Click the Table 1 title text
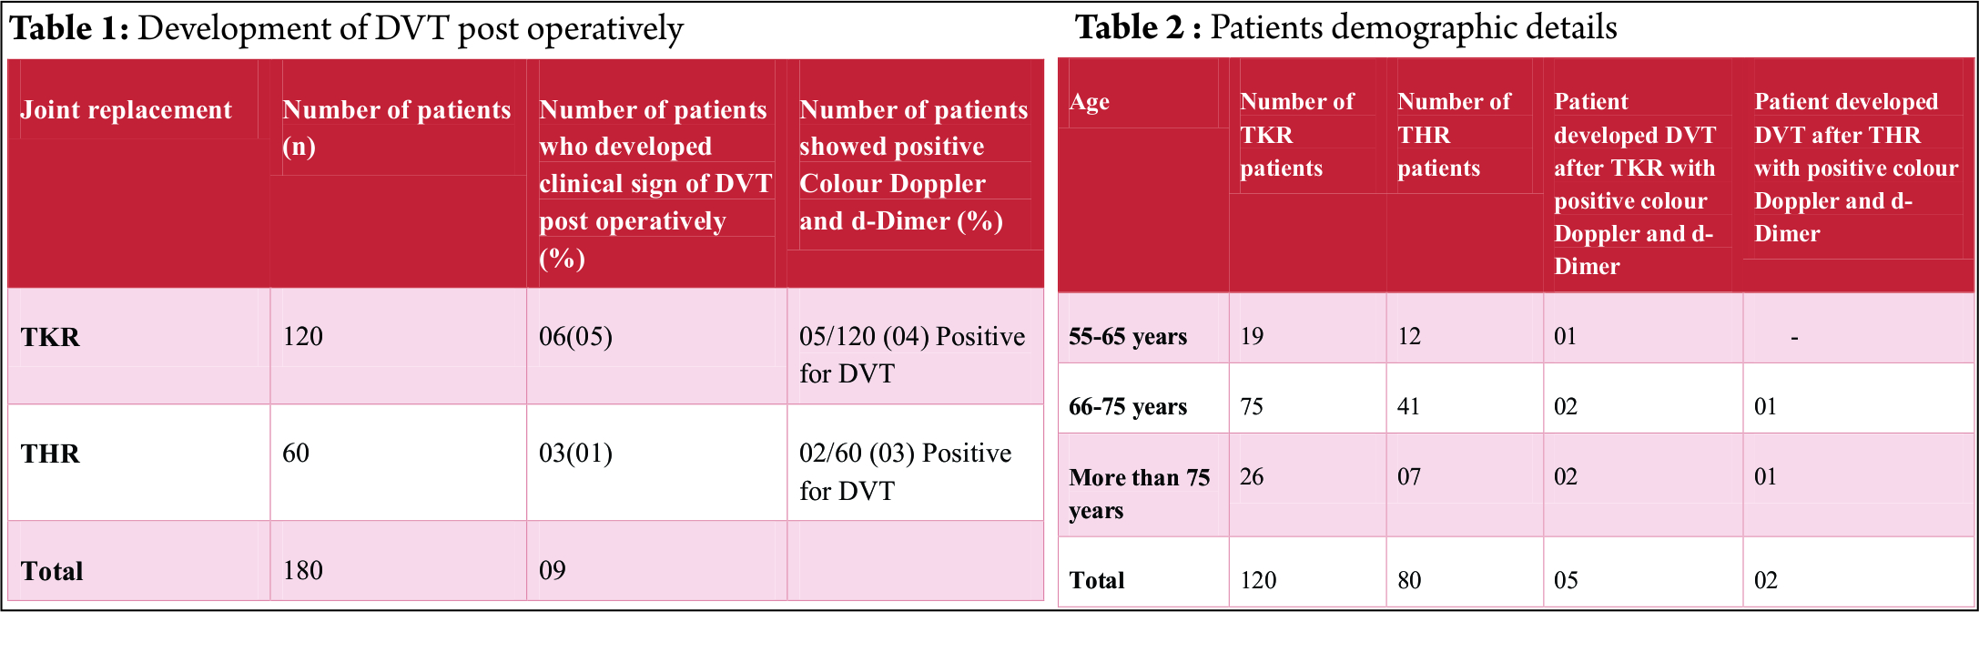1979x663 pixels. tap(346, 29)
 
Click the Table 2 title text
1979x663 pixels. tap(1345, 27)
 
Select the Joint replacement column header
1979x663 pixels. tap(127, 110)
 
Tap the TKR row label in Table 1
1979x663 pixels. tap(51, 338)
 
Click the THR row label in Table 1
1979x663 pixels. tap(51, 454)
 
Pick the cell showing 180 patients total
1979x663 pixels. tap(303, 571)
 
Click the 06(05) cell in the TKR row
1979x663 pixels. tap(575, 337)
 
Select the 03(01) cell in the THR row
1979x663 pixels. tap(575, 454)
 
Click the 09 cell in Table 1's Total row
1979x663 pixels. tap(553, 571)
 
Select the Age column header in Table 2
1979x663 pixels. tap(1089, 102)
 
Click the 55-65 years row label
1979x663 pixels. tap(1128, 337)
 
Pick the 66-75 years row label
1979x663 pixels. tap(1128, 407)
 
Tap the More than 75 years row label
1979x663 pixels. tap(1139, 494)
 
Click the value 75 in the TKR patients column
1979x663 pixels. tap(1252, 407)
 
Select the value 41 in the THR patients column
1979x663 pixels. tap(1408, 407)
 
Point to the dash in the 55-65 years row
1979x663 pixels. tap(1794, 338)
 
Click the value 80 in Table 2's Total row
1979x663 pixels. tap(1409, 581)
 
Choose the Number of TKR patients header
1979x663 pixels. tap(1296, 135)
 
